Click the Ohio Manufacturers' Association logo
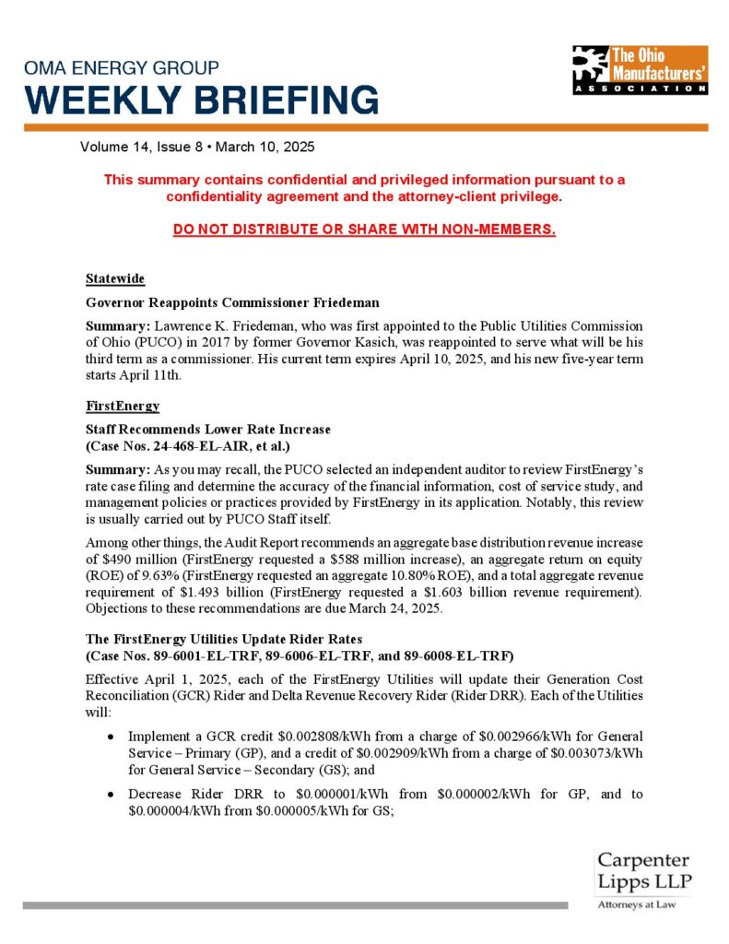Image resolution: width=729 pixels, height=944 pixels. pyautogui.click(x=639, y=69)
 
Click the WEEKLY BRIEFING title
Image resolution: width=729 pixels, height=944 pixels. pyautogui.click(x=202, y=99)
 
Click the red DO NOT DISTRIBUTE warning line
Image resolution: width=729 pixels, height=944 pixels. pyautogui.click(x=364, y=229)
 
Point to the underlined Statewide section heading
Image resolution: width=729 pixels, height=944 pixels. pyautogui.click(x=114, y=278)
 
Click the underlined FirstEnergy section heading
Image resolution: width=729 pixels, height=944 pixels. pyautogui.click(x=123, y=406)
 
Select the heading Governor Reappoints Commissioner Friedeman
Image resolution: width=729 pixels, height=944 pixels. pyautogui.click(x=232, y=302)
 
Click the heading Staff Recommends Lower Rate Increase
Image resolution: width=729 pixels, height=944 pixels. pyautogui.click(x=207, y=430)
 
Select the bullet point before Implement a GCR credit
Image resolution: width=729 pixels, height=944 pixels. pyautogui.click(x=111, y=737)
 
